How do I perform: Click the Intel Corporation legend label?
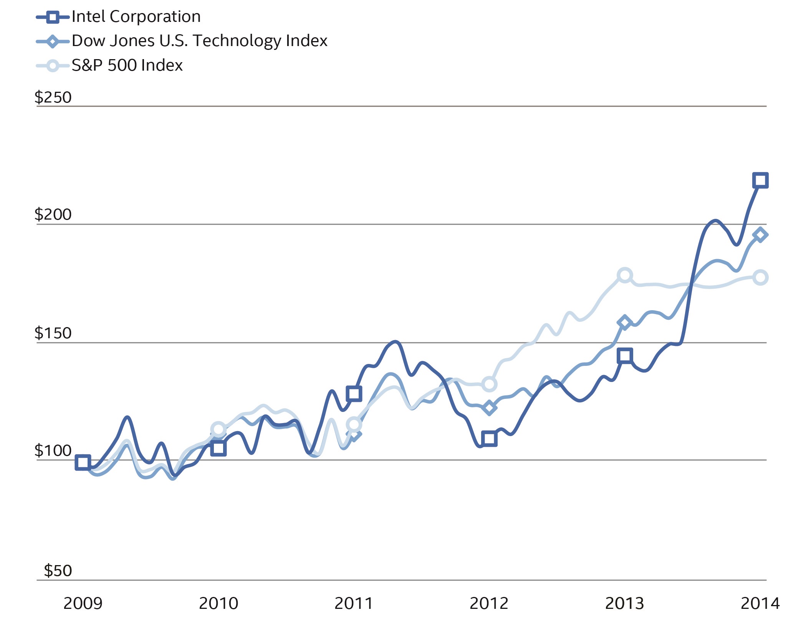click(x=136, y=17)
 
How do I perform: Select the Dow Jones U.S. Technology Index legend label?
click(x=199, y=41)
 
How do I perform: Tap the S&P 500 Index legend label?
click(x=127, y=66)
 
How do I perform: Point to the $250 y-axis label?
click(x=53, y=98)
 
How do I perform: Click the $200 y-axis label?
click(x=53, y=214)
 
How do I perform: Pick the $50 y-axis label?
click(x=58, y=571)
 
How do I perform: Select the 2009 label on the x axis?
click(x=83, y=603)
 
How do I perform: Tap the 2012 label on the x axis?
click(x=489, y=603)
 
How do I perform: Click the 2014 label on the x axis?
click(x=760, y=603)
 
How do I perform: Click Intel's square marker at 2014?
click(x=760, y=180)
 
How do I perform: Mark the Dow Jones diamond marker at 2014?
click(x=760, y=235)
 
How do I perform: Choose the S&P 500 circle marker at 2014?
click(x=760, y=277)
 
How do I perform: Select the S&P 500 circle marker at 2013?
click(x=625, y=275)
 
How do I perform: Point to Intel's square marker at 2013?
click(x=625, y=356)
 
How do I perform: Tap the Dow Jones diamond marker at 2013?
click(x=625, y=322)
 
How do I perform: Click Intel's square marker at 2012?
click(x=489, y=438)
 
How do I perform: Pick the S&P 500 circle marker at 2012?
click(x=489, y=384)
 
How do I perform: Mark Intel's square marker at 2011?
click(x=354, y=393)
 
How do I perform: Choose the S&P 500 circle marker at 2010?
click(x=218, y=430)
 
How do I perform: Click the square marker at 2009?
click(x=83, y=462)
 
